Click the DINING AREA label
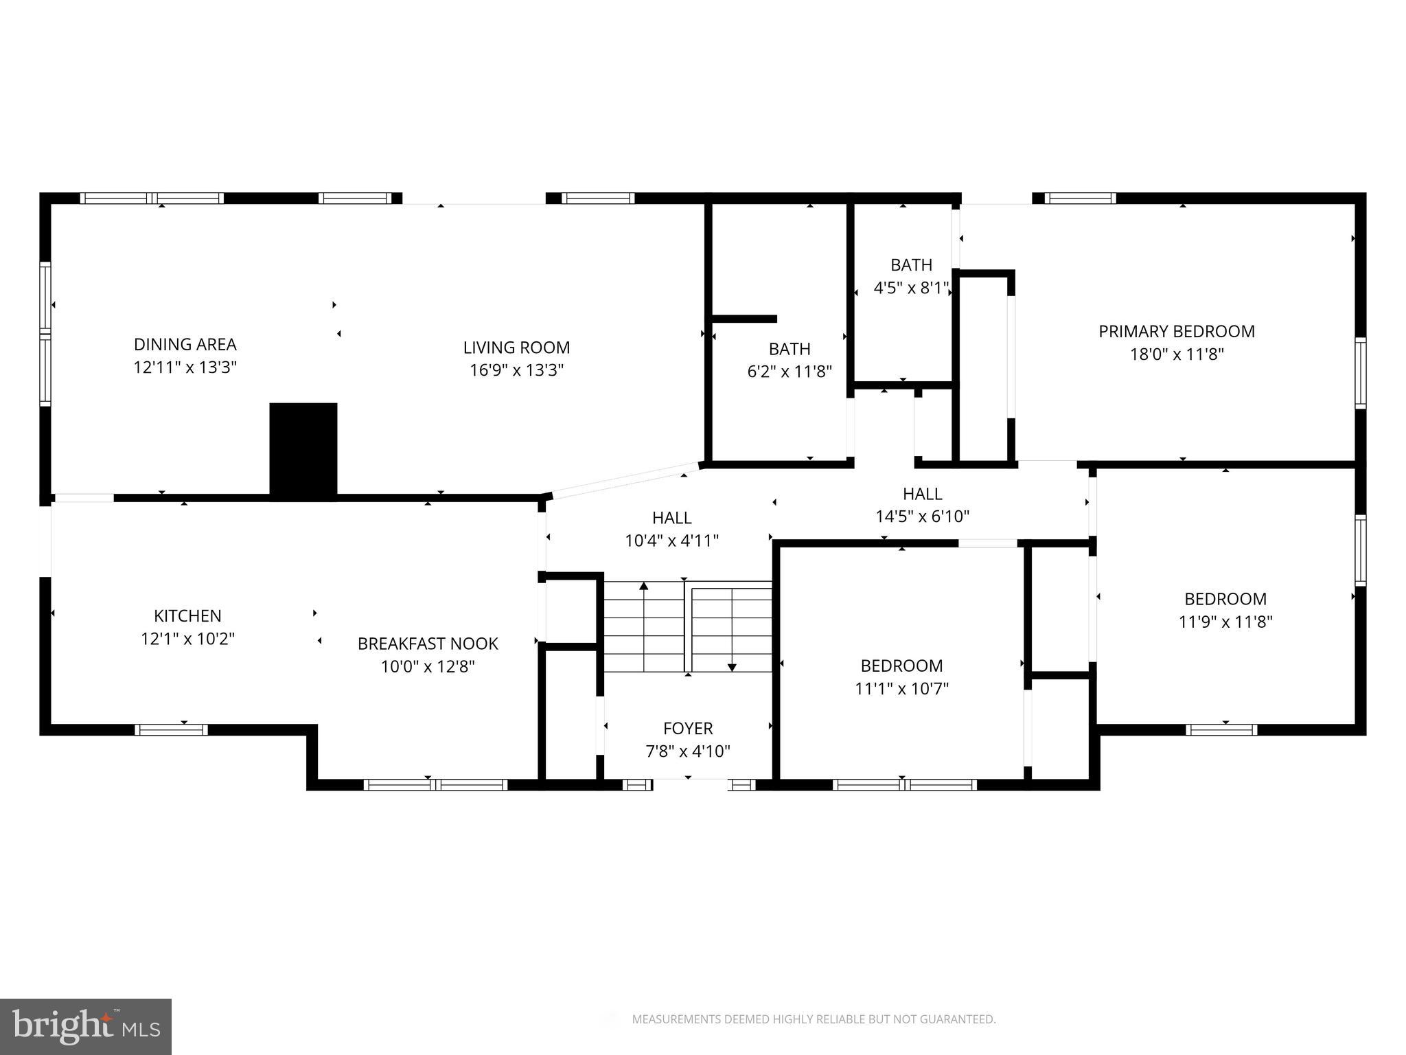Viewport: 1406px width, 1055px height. (185, 344)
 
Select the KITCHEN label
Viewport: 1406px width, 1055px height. (187, 615)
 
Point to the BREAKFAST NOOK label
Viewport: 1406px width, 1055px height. (428, 644)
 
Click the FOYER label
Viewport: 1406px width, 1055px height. (688, 728)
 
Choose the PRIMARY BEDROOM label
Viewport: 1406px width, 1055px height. (1177, 332)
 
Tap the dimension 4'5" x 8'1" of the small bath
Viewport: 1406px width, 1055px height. (911, 288)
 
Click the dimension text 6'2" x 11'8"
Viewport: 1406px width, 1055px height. (790, 372)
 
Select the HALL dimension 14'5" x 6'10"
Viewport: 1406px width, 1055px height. (922, 517)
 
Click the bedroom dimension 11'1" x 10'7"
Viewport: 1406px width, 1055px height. (901, 688)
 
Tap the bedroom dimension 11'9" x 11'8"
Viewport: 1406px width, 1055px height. (1225, 622)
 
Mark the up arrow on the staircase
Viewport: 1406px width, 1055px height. (644, 587)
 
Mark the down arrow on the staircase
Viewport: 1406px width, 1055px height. (732, 666)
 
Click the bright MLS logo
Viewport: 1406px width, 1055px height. (85, 1026)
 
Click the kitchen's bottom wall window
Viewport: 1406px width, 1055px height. (171, 729)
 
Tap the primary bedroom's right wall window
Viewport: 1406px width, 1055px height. (1360, 373)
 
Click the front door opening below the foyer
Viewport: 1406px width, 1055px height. (689, 784)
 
